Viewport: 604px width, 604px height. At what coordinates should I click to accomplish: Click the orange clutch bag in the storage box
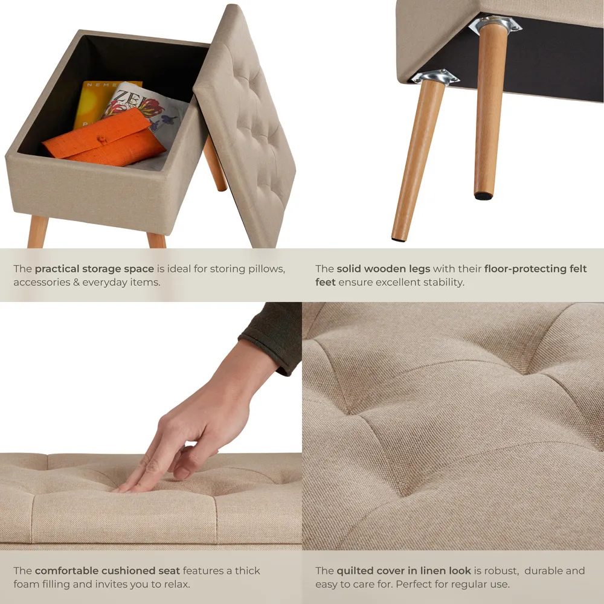click(x=103, y=142)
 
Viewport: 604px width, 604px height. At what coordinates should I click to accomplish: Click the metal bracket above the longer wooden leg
click(x=435, y=77)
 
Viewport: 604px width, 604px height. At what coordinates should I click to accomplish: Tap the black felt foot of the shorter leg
click(x=483, y=195)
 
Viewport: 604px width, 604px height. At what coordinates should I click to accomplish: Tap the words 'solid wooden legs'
click(x=383, y=269)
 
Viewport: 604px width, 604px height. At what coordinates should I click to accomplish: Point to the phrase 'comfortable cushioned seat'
click(x=107, y=571)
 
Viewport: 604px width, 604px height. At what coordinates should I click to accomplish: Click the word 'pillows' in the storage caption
click(x=265, y=269)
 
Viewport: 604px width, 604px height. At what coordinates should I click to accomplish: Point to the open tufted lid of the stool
click(x=248, y=127)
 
